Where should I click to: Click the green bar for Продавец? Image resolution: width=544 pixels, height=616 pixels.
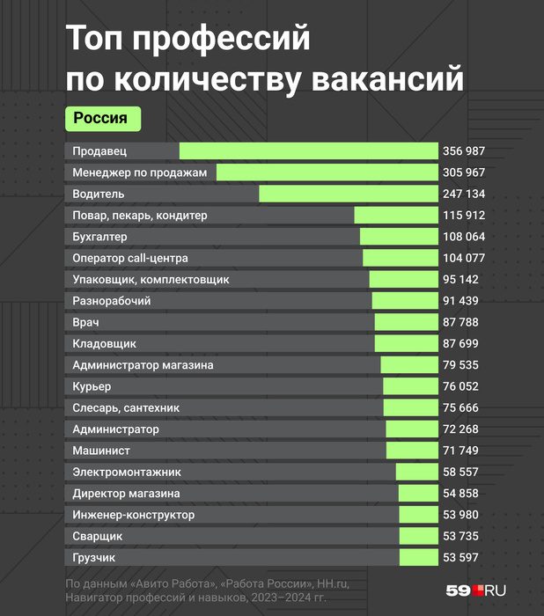pos(308,151)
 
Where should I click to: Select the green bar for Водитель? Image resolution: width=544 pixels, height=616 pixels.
pos(349,194)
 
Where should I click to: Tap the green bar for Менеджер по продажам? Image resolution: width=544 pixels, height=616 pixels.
pos(327,172)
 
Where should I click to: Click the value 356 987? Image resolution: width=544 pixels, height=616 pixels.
pos(463,151)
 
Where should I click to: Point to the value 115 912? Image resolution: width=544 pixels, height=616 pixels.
pos(463,216)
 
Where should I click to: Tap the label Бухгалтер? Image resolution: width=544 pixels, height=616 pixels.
pos(99,237)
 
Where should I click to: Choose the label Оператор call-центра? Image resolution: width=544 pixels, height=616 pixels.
pos(129,258)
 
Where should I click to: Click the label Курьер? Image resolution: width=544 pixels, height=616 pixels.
pos(92,386)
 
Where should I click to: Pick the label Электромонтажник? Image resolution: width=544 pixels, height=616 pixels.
pos(127,473)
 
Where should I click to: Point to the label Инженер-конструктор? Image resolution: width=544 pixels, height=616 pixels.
pos(134,515)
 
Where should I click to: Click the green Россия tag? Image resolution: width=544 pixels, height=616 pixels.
pos(101,117)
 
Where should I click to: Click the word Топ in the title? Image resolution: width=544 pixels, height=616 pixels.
pos(94,40)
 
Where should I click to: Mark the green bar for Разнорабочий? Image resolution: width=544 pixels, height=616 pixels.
pos(405,301)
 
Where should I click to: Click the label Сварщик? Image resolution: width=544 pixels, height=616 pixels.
pos(98,537)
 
